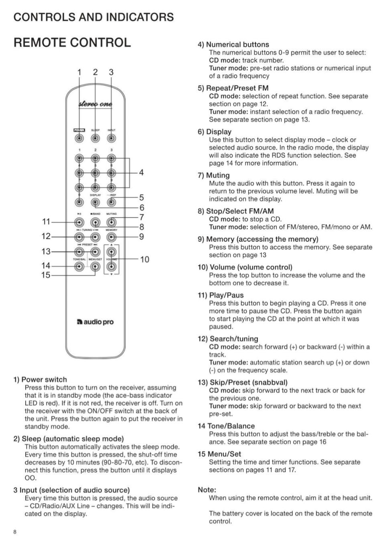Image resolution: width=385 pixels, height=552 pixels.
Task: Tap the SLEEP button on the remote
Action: pyautogui.click(x=95, y=138)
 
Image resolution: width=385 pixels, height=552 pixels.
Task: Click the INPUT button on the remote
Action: pyautogui.click(x=111, y=138)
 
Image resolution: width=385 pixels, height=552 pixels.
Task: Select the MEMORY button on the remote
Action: pyautogui.click(x=111, y=237)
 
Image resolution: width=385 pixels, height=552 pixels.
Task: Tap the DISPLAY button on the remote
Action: pyautogui.click(x=95, y=203)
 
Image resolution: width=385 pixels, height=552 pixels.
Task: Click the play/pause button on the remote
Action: pyautogui.click(x=79, y=222)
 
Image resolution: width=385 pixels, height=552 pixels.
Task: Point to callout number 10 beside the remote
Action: pyautogui.click(x=144, y=260)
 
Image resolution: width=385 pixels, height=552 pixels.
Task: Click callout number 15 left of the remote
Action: pyautogui.click(x=46, y=275)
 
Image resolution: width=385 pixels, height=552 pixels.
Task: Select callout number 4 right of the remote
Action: pyautogui.click(x=141, y=172)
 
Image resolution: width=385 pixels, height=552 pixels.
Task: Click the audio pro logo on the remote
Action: pyautogui.click(x=95, y=322)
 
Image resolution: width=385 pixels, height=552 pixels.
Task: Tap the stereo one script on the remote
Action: pyautogui.click(x=95, y=104)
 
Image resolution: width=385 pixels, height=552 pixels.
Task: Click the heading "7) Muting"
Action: pyautogui.click(x=214, y=175)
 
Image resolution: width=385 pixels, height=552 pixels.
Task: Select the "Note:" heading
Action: pyautogui.click(x=207, y=490)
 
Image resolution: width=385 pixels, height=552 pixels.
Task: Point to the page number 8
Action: pyautogui.click(x=15, y=532)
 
